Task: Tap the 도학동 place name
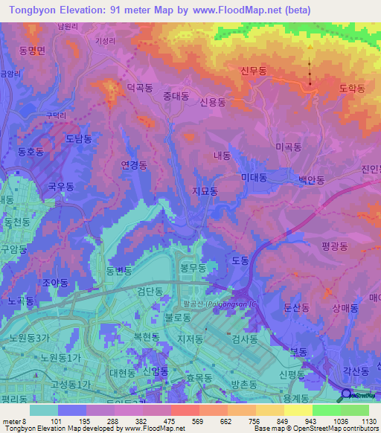352,88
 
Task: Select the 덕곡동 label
139,87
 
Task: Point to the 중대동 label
176,96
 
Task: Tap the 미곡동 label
287,148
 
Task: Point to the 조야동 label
55,283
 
